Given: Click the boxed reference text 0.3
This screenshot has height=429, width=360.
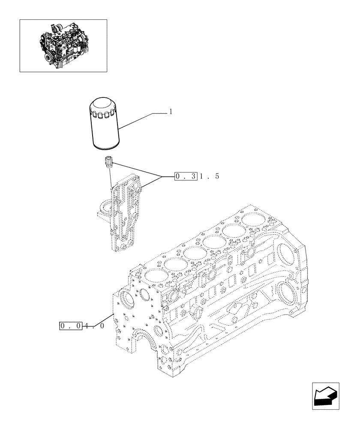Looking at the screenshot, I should [185, 176].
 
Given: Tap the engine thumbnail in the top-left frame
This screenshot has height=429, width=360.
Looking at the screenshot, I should [63, 45].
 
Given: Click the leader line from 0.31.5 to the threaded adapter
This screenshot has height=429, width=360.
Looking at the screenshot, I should [137, 170].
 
